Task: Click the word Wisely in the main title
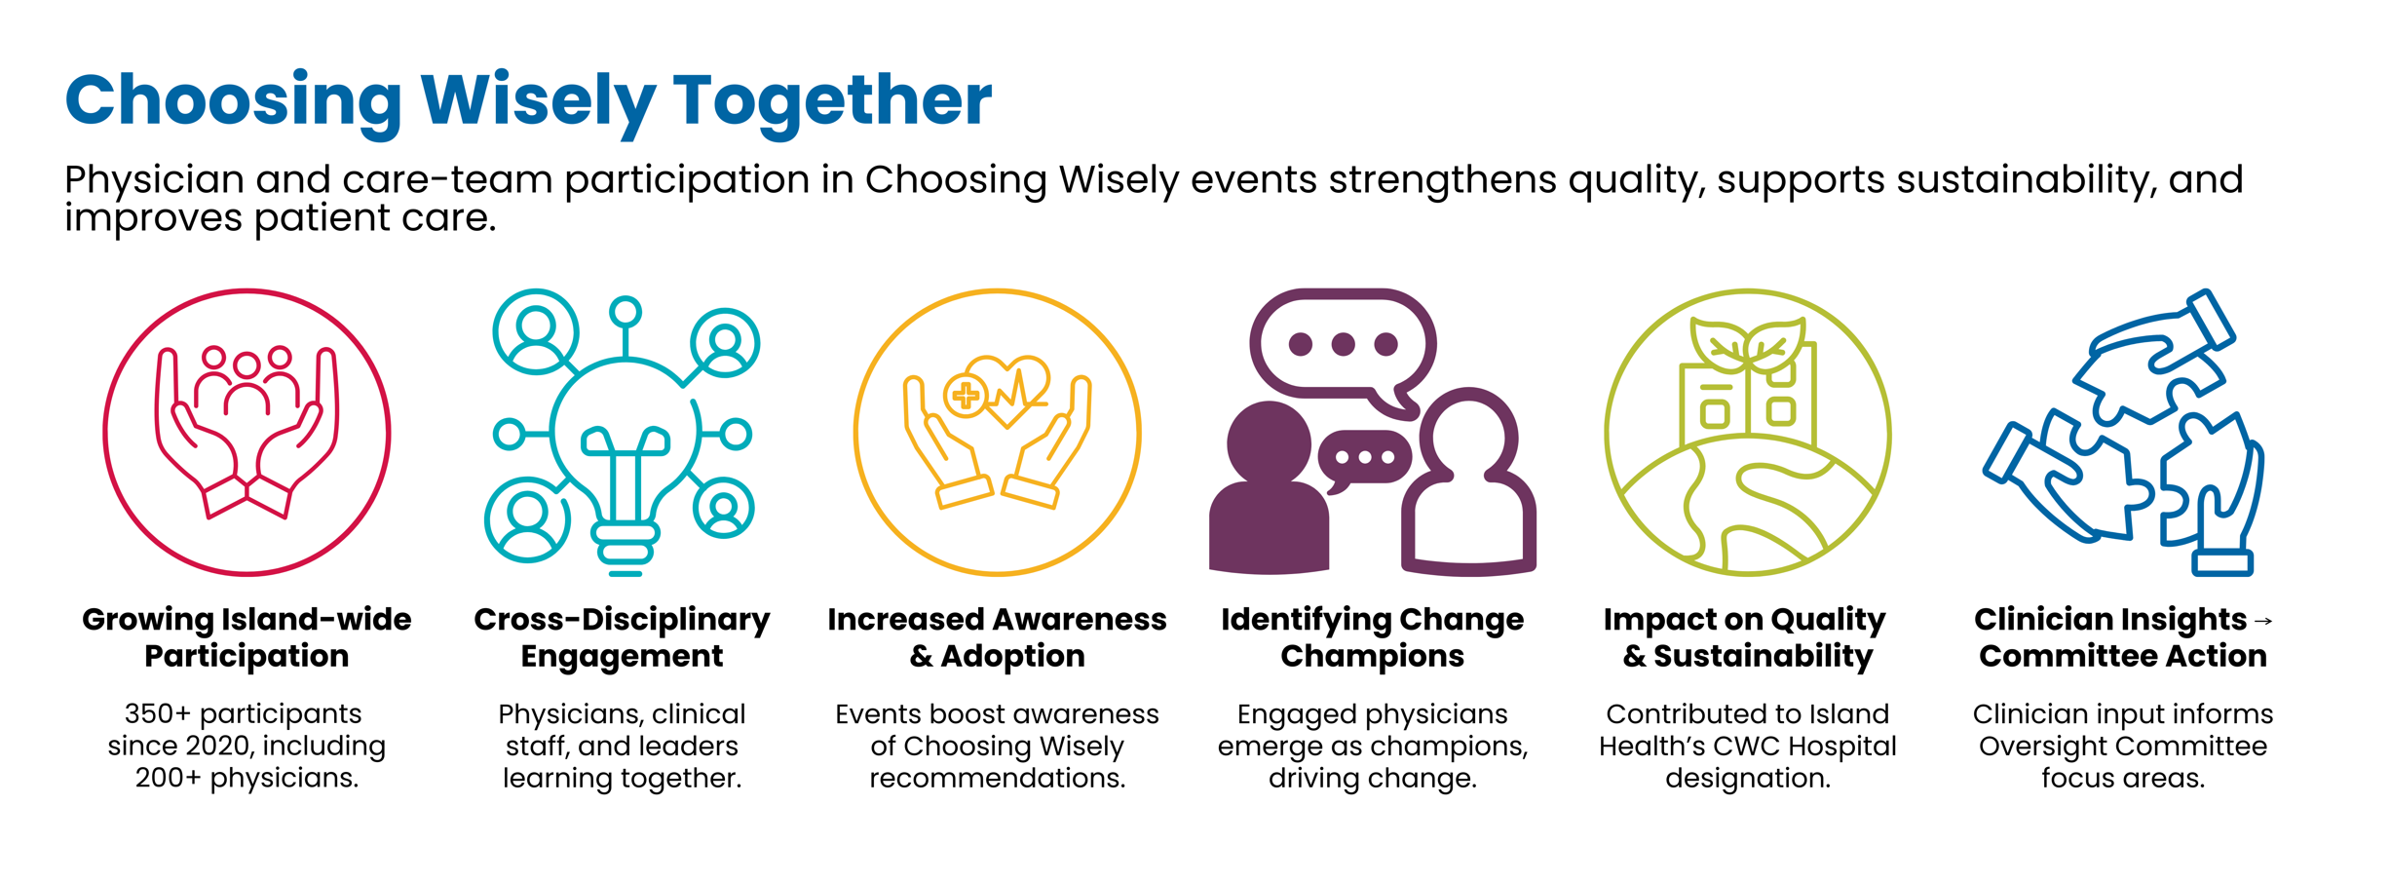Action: [x=538, y=100]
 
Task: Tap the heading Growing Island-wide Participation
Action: [x=247, y=637]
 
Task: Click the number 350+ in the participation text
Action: [x=157, y=714]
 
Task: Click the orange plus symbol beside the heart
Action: [x=966, y=396]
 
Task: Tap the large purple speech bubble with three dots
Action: [x=1343, y=345]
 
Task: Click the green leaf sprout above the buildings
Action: [x=1748, y=346]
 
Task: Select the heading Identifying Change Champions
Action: [x=1372, y=637]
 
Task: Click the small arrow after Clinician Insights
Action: [x=2262, y=621]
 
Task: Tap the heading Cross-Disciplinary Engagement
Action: [x=622, y=637]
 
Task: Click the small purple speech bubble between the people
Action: [x=1364, y=458]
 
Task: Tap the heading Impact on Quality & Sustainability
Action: [x=1747, y=637]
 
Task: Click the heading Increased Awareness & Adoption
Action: [x=997, y=637]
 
